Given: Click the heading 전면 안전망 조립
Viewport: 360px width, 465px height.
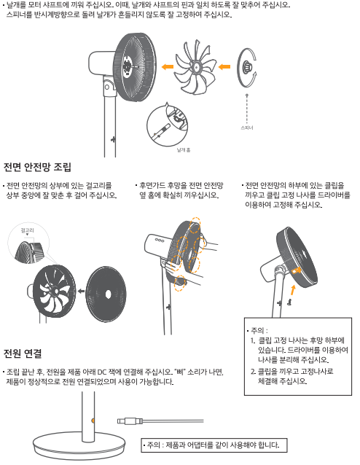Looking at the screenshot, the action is tap(37, 167).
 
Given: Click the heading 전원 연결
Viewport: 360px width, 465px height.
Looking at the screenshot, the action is tap(23, 353).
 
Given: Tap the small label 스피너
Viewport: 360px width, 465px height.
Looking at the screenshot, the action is tap(247, 128).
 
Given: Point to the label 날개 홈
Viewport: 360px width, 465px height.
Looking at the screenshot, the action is tap(184, 150).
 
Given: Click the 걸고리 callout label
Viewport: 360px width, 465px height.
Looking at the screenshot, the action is tap(27, 230).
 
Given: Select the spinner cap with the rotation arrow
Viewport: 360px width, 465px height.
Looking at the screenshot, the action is tap(246, 68).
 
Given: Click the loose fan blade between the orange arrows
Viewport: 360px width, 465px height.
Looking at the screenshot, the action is tap(195, 68).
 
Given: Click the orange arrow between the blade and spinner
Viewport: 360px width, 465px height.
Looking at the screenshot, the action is tap(224, 66).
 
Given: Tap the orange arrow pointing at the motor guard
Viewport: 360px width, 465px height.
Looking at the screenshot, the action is tap(168, 67).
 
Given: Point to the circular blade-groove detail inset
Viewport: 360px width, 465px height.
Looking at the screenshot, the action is tap(168, 126).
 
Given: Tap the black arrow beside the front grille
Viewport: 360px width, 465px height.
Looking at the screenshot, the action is tap(81, 292).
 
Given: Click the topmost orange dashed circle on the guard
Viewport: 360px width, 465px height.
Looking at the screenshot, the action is tap(195, 225).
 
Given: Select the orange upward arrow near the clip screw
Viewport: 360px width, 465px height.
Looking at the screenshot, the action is tap(293, 290).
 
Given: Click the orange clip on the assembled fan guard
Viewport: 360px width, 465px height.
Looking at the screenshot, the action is tap(297, 270).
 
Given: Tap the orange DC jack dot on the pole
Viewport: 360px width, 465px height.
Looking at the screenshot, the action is tap(93, 421).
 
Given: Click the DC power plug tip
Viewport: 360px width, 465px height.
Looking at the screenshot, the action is tap(121, 421).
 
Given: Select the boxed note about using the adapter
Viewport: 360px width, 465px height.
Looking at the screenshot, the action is tap(214, 445).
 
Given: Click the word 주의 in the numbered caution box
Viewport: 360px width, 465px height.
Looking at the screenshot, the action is tap(257, 330).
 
